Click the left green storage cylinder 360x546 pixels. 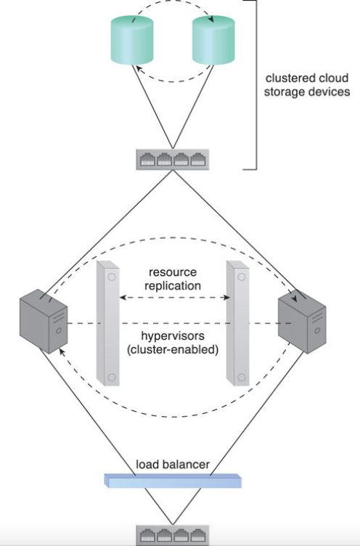click(133, 42)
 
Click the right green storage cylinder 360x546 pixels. click(215, 42)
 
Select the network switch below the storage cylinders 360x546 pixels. click(173, 159)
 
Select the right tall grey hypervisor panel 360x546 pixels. click(237, 322)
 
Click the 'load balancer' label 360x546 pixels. click(173, 464)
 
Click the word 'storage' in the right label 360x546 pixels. click(284, 92)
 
